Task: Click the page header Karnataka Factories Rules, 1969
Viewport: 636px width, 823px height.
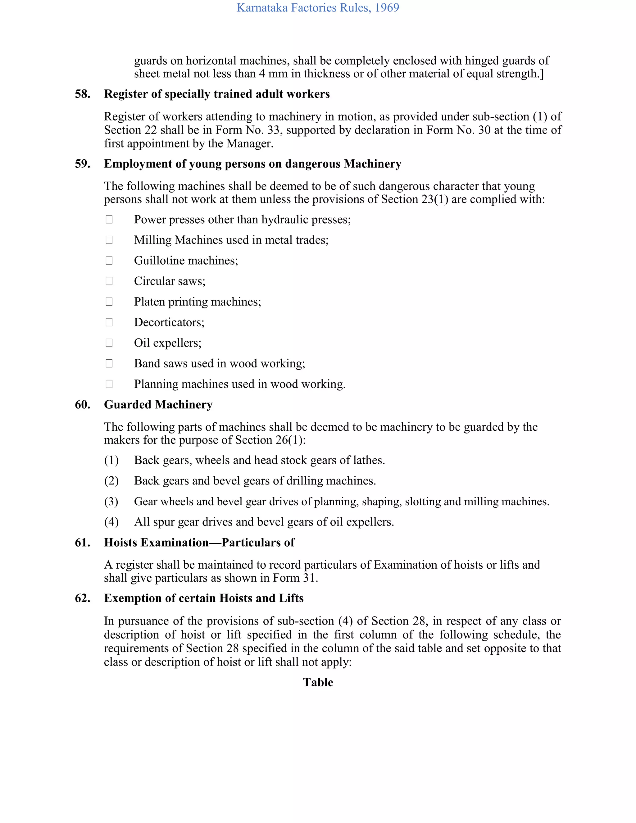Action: [318, 8]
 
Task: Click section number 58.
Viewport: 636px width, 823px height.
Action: [83, 94]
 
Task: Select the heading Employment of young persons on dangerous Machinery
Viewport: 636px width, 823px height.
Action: [252, 164]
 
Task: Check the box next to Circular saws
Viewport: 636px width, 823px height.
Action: [109, 281]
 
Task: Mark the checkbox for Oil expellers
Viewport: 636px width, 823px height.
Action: [109, 343]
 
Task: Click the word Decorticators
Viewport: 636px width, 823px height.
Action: [169, 322]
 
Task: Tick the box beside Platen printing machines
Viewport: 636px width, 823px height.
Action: [109, 302]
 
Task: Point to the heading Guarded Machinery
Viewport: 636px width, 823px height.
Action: [158, 405]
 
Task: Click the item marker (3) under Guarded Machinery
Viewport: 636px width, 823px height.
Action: [111, 502]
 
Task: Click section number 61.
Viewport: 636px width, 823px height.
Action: [83, 543]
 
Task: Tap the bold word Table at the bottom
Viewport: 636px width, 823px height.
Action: [318, 682]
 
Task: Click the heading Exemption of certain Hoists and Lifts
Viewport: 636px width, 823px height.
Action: [203, 598]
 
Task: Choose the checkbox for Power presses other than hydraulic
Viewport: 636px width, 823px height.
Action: [109, 219]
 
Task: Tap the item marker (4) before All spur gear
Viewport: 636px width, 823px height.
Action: [111, 522]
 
